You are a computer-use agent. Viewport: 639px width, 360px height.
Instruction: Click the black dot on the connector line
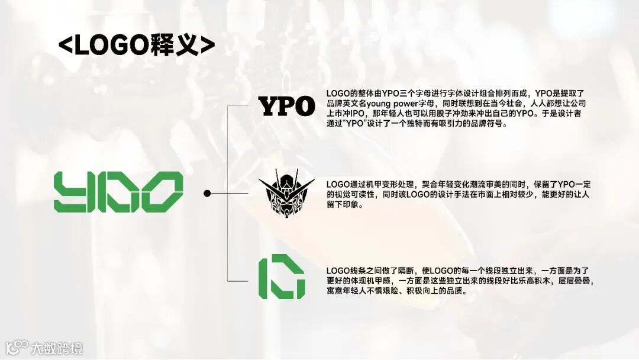click(x=207, y=193)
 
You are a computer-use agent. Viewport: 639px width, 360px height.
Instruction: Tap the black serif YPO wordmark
click(x=287, y=107)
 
